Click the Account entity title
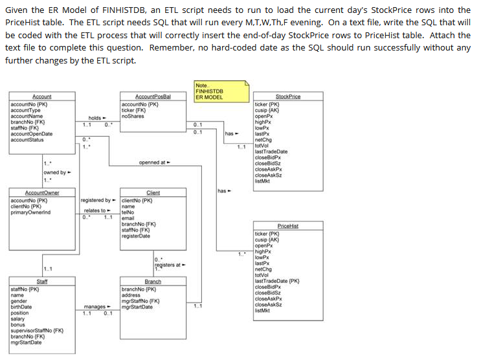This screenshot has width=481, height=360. pos(41,96)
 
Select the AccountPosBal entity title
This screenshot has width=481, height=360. pos(152,96)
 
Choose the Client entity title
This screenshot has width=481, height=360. pos(153,193)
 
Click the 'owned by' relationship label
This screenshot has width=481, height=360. pos(55,172)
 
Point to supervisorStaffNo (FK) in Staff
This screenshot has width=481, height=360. pos(37,331)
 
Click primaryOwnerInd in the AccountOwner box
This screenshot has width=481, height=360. pos(30,212)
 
